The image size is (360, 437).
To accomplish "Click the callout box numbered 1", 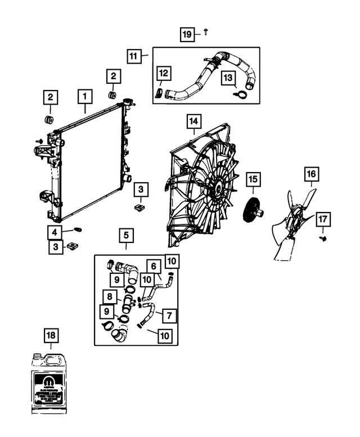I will point(84,97).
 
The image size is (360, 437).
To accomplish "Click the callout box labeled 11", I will point(133,56).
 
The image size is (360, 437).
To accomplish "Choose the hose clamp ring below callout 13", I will point(241,94).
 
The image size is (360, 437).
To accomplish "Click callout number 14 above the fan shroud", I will point(193,121).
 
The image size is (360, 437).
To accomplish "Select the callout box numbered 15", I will point(253,179).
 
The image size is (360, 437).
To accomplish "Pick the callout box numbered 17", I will point(323,219).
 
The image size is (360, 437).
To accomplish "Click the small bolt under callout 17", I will point(324,238).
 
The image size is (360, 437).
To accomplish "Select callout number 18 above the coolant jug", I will point(51,336).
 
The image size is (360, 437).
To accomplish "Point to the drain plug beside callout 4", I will point(78,229).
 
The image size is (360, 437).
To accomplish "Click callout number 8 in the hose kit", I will point(110,296).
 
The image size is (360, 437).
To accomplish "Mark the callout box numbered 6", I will point(152,265).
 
